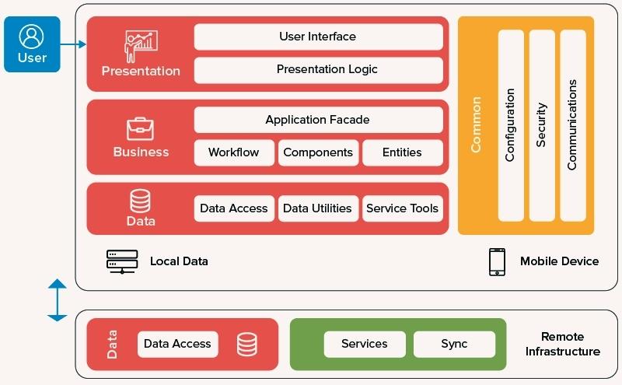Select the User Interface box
click(x=318, y=37)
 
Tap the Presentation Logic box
click(x=318, y=70)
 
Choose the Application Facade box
click(x=318, y=120)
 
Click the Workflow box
click(x=234, y=152)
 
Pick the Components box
click(x=318, y=152)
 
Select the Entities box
click(x=402, y=152)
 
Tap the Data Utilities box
click(x=318, y=208)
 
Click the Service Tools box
click(x=402, y=208)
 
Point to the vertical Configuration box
click(x=511, y=125)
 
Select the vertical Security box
click(x=542, y=125)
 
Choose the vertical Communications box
click(x=572, y=125)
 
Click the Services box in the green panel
click(x=365, y=344)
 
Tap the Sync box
click(x=454, y=344)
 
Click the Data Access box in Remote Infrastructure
click(x=177, y=344)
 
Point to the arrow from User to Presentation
click(x=73, y=45)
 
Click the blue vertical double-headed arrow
click(x=58, y=299)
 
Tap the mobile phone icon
click(x=497, y=262)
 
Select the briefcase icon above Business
click(x=141, y=128)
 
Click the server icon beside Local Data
click(x=122, y=261)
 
